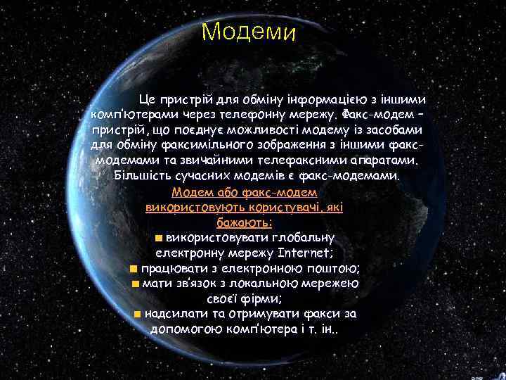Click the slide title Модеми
(x=249, y=32)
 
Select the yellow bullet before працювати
(x=134, y=268)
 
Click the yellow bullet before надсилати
(x=138, y=314)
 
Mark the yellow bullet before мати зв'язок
(x=135, y=284)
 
